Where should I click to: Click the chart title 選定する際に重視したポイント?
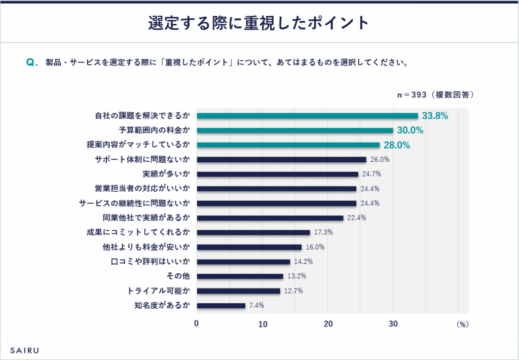(x=259, y=23)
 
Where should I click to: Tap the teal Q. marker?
(x=32, y=63)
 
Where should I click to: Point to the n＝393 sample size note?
(x=435, y=94)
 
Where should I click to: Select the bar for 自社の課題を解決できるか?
(x=307, y=116)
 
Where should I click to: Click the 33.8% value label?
(x=435, y=116)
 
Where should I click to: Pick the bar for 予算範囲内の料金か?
(x=294, y=130)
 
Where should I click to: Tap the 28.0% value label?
(x=396, y=145)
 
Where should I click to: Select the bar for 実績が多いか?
(x=277, y=174)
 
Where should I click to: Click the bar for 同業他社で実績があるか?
(x=270, y=218)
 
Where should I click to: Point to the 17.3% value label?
(x=323, y=232)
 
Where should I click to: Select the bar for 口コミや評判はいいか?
(x=243, y=262)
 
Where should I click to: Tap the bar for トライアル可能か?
(x=238, y=291)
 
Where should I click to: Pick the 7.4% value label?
(x=256, y=305)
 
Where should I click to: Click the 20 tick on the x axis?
(x=328, y=323)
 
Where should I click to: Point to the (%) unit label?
(x=463, y=323)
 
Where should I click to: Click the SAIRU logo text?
(x=25, y=350)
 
